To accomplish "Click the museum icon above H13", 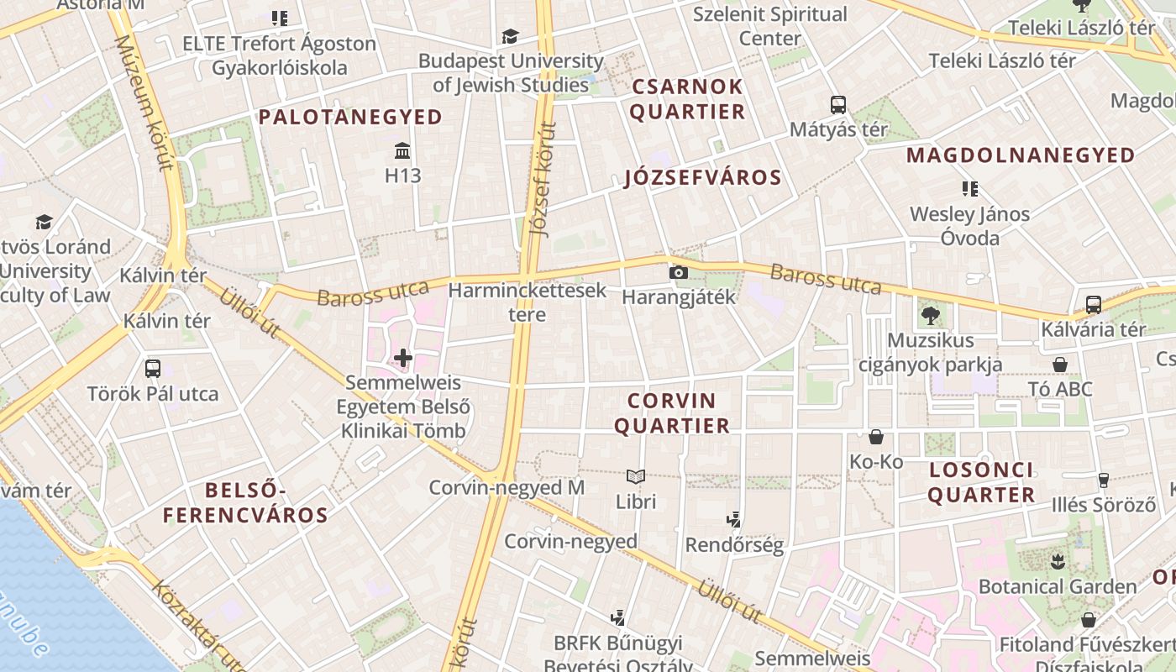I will tap(402, 152).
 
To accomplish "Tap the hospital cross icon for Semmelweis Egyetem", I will tap(403, 359).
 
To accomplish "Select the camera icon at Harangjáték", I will tap(678, 272).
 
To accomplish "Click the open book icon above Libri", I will tap(636, 477).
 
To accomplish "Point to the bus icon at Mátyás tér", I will tap(838, 105).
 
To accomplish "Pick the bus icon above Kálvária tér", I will tap(1094, 305).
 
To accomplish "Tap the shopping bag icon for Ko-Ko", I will tap(876, 437).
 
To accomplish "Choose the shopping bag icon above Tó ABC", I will tap(1060, 365).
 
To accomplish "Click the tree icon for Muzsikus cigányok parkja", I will tap(930, 316).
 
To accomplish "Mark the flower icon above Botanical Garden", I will tap(1058, 561).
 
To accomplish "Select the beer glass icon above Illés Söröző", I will tap(1104, 480).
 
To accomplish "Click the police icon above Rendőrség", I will tap(734, 520).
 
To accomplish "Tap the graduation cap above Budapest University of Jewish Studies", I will tap(510, 36).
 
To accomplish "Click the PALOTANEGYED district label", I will tap(350, 117).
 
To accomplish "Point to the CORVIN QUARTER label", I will tap(672, 413).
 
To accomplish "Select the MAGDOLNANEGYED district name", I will tap(1021, 155).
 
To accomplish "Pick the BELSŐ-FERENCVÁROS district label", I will tap(245, 502).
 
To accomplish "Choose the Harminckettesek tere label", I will tap(528, 302).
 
